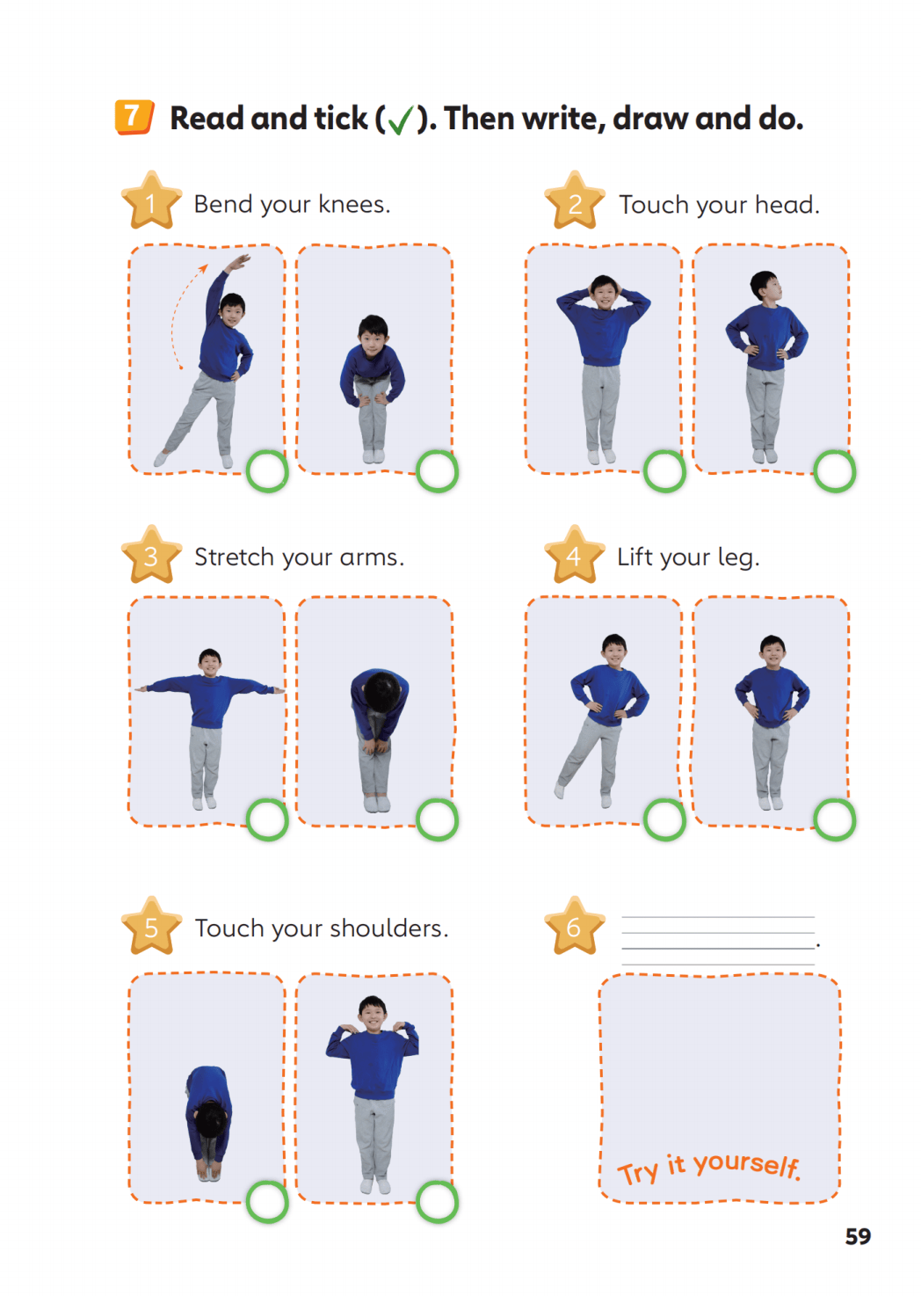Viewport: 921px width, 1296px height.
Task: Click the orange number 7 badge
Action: pyautogui.click(x=134, y=118)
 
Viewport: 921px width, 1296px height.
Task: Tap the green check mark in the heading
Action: pyautogui.click(x=400, y=120)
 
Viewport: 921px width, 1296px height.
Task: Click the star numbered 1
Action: pyautogui.click(x=151, y=200)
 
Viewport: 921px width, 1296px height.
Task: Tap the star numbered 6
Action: pyautogui.click(x=574, y=926)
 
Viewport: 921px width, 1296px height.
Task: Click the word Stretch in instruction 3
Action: pyautogui.click(x=234, y=557)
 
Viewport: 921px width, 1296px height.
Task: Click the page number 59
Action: pyautogui.click(x=858, y=1236)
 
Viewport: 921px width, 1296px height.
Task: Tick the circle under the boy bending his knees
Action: pyautogui.click(x=437, y=471)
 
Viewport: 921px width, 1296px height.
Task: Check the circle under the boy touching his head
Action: pyautogui.click(x=665, y=471)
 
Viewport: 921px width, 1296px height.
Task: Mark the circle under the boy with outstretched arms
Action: pyautogui.click(x=267, y=819)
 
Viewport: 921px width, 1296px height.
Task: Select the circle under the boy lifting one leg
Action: pyautogui.click(x=665, y=819)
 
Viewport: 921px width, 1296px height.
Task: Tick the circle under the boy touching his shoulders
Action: pyautogui.click(x=437, y=1202)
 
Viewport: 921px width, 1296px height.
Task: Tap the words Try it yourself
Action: pyautogui.click(x=709, y=1167)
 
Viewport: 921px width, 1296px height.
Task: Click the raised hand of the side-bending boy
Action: pyautogui.click(x=239, y=262)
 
